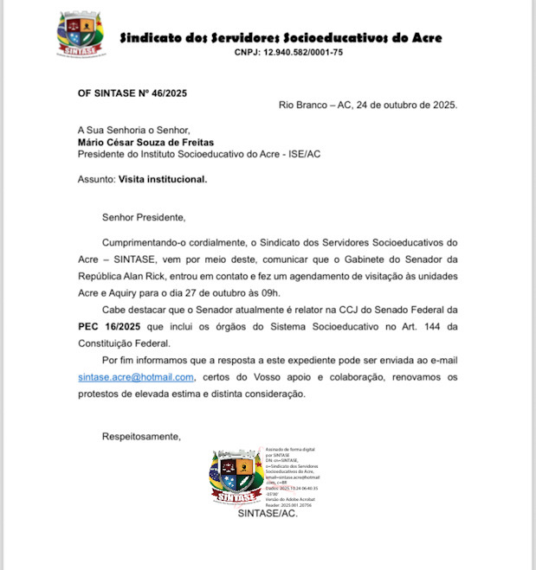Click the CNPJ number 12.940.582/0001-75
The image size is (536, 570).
coord(288,53)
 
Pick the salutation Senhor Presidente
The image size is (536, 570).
coord(144,217)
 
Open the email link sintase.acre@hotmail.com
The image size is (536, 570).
coord(135,377)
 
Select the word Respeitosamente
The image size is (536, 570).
coord(141,436)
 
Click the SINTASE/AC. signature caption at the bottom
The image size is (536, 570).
coord(268,513)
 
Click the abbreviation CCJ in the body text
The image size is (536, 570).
coord(339,309)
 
